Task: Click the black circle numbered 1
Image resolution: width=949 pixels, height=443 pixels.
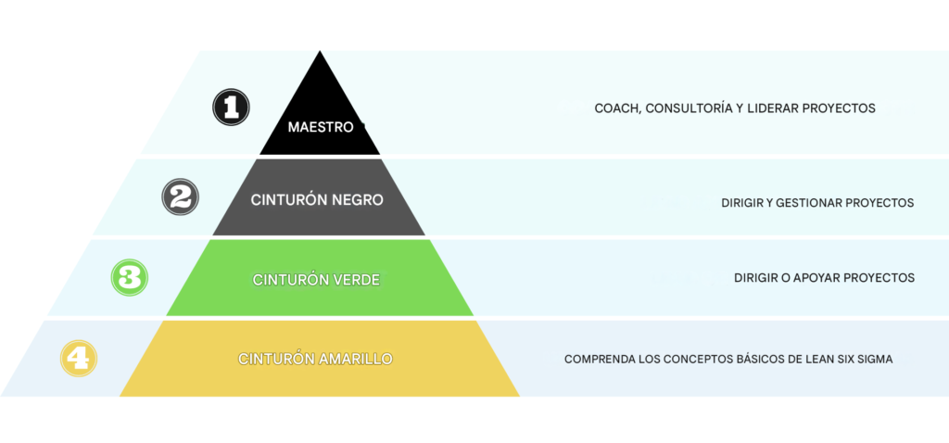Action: (231, 108)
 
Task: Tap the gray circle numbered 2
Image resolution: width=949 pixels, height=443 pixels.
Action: (181, 197)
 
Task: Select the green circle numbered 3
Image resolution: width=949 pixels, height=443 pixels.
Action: (130, 278)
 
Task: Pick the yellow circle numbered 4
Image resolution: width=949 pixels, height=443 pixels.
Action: (79, 359)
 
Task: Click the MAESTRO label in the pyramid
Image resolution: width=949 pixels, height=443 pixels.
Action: (320, 128)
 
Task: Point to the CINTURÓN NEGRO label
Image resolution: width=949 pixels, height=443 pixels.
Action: (317, 199)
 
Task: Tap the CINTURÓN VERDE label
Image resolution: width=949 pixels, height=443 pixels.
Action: (317, 280)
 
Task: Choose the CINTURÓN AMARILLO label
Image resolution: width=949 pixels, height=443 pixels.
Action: (315, 359)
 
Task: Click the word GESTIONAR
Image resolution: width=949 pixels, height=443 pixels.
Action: (806, 203)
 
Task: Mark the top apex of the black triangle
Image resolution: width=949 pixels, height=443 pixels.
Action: (320, 51)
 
